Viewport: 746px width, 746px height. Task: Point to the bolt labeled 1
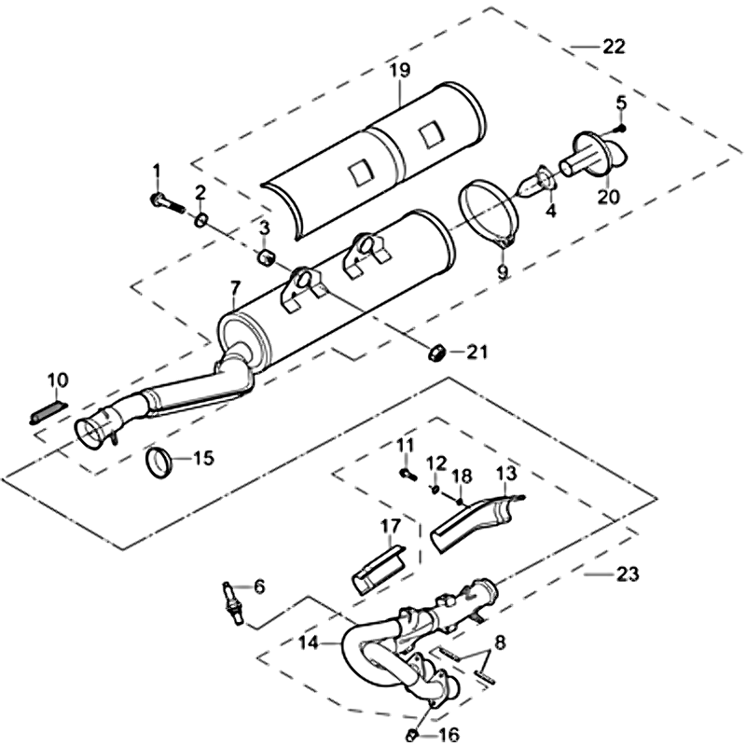(x=160, y=199)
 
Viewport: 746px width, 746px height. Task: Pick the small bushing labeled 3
(x=265, y=256)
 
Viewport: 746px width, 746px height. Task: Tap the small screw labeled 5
(x=622, y=127)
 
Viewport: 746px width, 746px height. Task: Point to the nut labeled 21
(x=435, y=352)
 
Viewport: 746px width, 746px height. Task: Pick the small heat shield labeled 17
(x=379, y=567)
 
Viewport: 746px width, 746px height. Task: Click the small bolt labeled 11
(x=407, y=473)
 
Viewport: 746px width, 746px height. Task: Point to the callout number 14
(x=307, y=642)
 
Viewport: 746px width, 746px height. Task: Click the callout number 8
(x=499, y=642)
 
